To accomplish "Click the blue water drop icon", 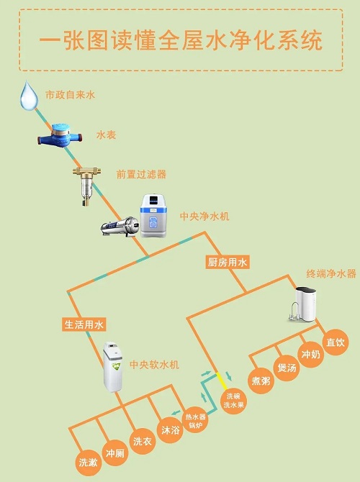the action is [29, 96].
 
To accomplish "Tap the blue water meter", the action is [60, 136].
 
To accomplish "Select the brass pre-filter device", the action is [86, 186].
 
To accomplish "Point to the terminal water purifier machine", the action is [303, 304].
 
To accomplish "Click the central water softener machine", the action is [112, 367].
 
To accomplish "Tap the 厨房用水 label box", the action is [227, 262].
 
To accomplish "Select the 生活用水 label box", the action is [84, 324].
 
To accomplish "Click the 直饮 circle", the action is [336, 342].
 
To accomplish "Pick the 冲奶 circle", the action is [311, 355].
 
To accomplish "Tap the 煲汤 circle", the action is [287, 368].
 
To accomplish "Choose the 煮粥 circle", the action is [261, 381].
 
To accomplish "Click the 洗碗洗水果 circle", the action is [233, 401].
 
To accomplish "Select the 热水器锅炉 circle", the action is [195, 421].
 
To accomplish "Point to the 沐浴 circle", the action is [170, 430].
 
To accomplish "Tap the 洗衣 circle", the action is [142, 442].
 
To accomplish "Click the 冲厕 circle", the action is [114, 453].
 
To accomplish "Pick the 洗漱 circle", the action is [89, 463].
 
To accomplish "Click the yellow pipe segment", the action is [222, 381].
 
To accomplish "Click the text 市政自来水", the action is [71, 95].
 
